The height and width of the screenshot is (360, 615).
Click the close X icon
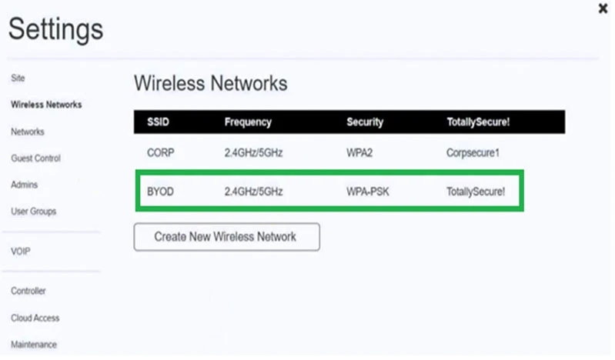(603, 8)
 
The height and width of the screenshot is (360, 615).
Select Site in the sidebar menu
(18, 78)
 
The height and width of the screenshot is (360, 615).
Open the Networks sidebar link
(28, 132)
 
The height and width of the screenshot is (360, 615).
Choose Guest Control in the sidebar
(35, 158)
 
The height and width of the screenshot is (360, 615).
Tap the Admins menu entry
(25, 185)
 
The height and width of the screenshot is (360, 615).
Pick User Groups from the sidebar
(34, 212)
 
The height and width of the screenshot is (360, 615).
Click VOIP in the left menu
(20, 252)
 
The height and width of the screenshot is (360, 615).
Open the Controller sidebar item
(28, 291)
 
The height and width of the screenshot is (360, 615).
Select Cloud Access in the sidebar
(35, 318)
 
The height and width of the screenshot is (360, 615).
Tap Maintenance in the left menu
(34, 345)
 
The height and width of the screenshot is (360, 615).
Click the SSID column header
(158, 122)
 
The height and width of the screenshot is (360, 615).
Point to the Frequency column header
(248, 122)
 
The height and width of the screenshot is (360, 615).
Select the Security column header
(365, 122)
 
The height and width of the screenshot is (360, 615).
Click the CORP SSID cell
(160, 152)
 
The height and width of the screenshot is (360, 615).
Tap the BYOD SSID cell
(160, 192)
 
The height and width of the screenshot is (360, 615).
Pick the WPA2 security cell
(359, 152)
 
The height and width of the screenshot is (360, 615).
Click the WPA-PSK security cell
(367, 192)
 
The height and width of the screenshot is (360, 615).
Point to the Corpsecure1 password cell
(473, 152)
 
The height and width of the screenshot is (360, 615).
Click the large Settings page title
(55, 30)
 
